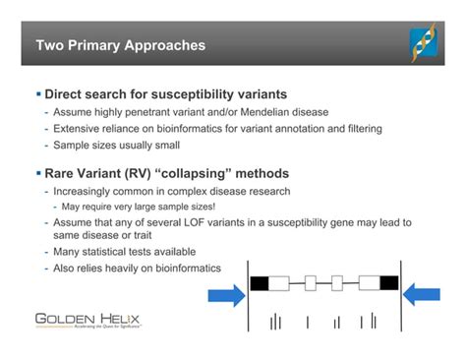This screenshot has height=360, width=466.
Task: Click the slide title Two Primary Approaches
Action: pos(121,45)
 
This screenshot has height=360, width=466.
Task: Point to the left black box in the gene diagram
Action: pos(260,283)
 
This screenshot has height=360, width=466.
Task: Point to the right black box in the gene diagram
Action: pos(388,283)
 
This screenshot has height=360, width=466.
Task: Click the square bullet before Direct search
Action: pos(37,94)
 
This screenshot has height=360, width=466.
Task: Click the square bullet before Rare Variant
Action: pos(37,172)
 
